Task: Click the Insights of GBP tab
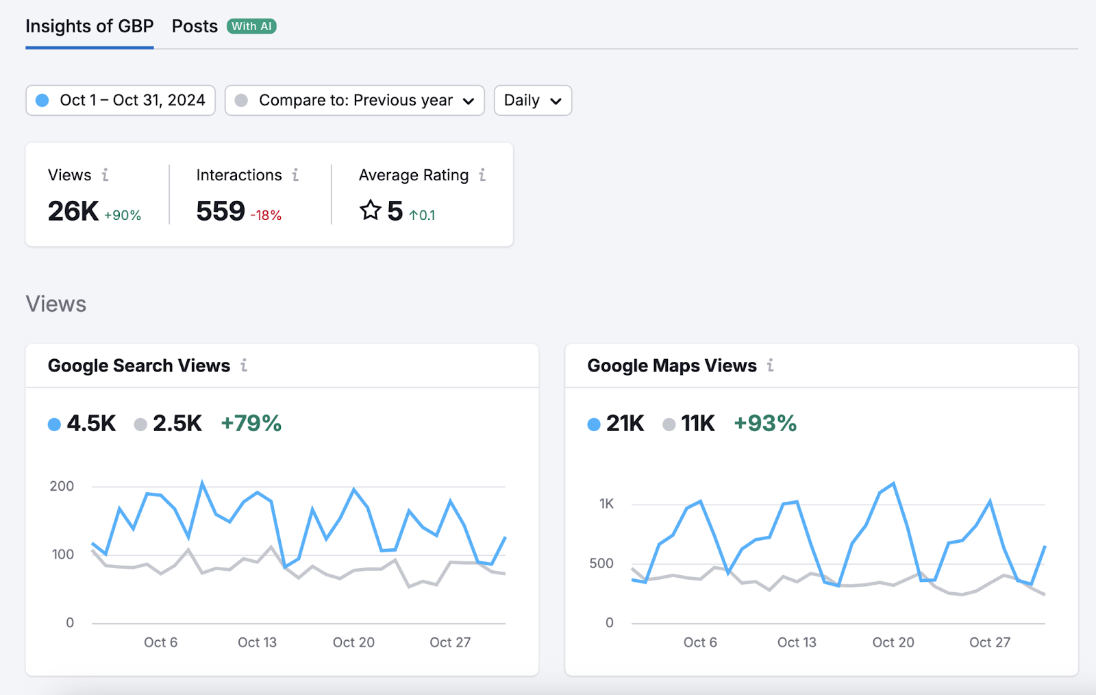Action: [x=89, y=27]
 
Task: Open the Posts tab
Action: [x=195, y=27]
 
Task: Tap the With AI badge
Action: [x=251, y=27]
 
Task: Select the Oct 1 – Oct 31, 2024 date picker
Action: [x=121, y=100]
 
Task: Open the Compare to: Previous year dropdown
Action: [x=355, y=100]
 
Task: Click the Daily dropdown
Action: [x=532, y=100]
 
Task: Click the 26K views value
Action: [x=73, y=211]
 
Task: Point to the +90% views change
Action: [x=123, y=215]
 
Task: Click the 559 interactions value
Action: [x=220, y=211]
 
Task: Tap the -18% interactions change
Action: [x=266, y=215]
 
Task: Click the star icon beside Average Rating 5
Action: [x=371, y=210]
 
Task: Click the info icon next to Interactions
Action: [x=295, y=175]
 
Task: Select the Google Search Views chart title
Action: [x=139, y=366]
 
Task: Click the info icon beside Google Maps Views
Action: [x=771, y=366]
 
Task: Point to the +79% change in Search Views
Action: [x=251, y=424]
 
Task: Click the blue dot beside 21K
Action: [x=594, y=424]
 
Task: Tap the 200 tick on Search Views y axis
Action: [x=62, y=486]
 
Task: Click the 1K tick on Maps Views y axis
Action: [x=606, y=504]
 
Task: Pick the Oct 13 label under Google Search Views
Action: [x=257, y=642]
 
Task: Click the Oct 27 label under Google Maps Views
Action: [x=989, y=642]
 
